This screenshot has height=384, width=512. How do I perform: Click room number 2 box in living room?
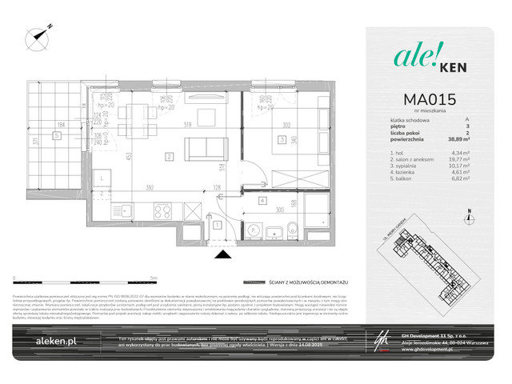pos(169,157)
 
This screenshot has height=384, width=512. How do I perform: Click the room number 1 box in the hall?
pos(217,226)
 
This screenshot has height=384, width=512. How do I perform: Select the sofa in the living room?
pos(204,148)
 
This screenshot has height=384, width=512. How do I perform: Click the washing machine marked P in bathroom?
pos(255,226)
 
